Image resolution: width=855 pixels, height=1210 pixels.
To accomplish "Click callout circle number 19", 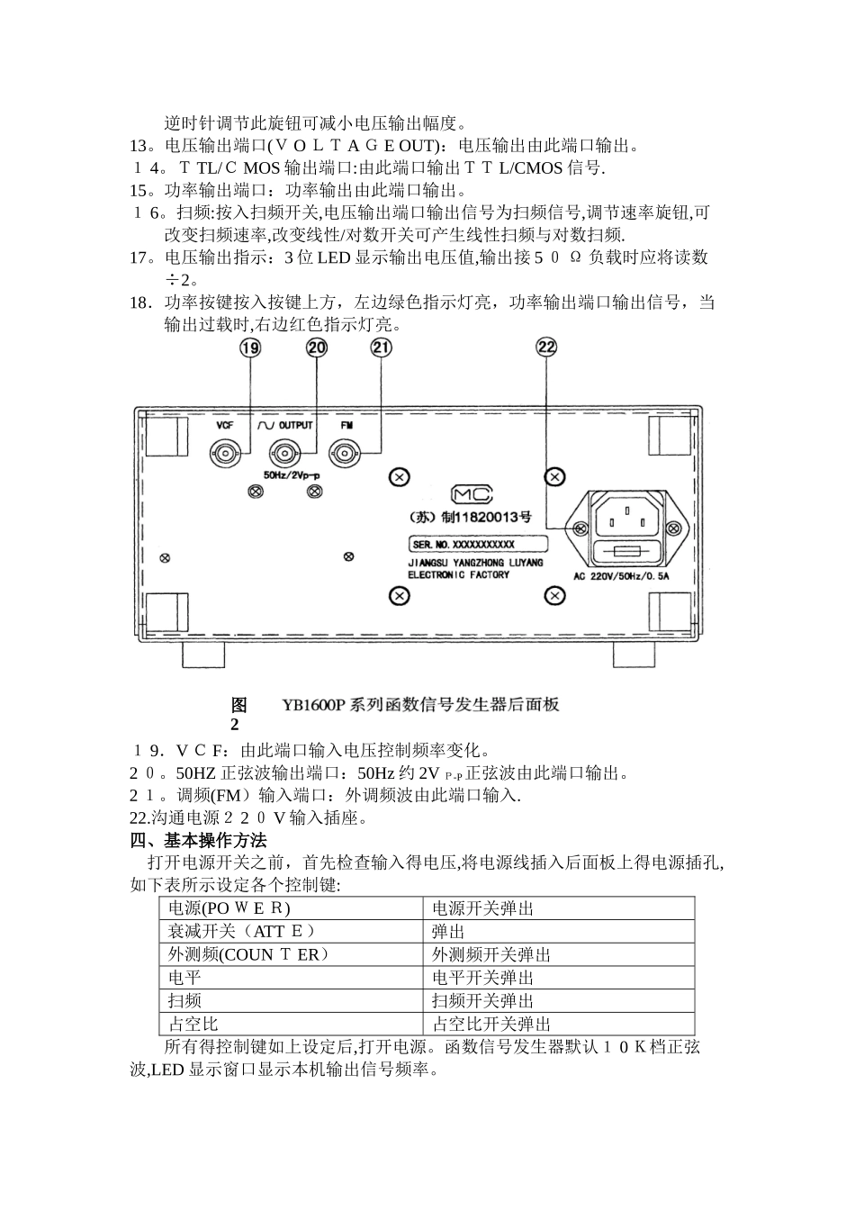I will click(251, 348).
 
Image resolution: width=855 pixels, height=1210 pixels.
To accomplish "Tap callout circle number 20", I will click(317, 348).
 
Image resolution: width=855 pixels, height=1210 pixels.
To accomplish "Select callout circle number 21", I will click(382, 348).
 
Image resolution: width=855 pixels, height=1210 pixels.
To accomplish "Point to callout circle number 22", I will click(546, 348).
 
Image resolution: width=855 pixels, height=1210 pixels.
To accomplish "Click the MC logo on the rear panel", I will click(472, 495).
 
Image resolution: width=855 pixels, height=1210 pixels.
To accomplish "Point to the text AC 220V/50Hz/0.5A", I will click(622, 574).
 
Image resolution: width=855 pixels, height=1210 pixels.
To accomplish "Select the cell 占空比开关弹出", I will click(491, 1025).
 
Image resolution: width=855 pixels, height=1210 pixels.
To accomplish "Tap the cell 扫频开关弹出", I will click(482, 1001).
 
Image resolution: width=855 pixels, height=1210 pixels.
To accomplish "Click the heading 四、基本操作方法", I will click(199, 841).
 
